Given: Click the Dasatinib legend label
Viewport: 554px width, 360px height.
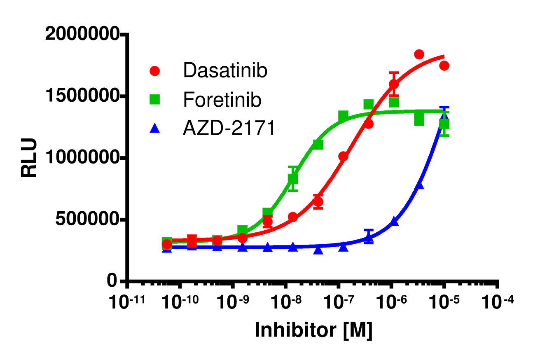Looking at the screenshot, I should tap(225, 71).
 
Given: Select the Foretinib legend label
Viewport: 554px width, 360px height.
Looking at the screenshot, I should tap(222, 100).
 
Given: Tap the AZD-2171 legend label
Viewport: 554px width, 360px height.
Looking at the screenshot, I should tap(229, 129).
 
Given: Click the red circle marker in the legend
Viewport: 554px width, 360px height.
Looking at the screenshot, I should tap(155, 71).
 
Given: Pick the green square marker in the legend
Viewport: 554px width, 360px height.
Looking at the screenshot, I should tap(155, 100).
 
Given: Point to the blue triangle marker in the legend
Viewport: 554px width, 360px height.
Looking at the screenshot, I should tap(155, 129).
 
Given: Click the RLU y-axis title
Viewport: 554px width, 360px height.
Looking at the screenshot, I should tap(30, 158).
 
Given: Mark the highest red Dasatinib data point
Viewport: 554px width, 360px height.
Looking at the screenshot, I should tap(419, 54).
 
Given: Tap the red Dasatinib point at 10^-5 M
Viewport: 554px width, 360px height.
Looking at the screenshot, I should tap(444, 65).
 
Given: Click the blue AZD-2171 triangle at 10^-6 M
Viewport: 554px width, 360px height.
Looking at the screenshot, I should tap(394, 222).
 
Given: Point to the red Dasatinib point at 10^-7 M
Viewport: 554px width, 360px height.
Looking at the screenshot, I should tap(343, 157).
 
